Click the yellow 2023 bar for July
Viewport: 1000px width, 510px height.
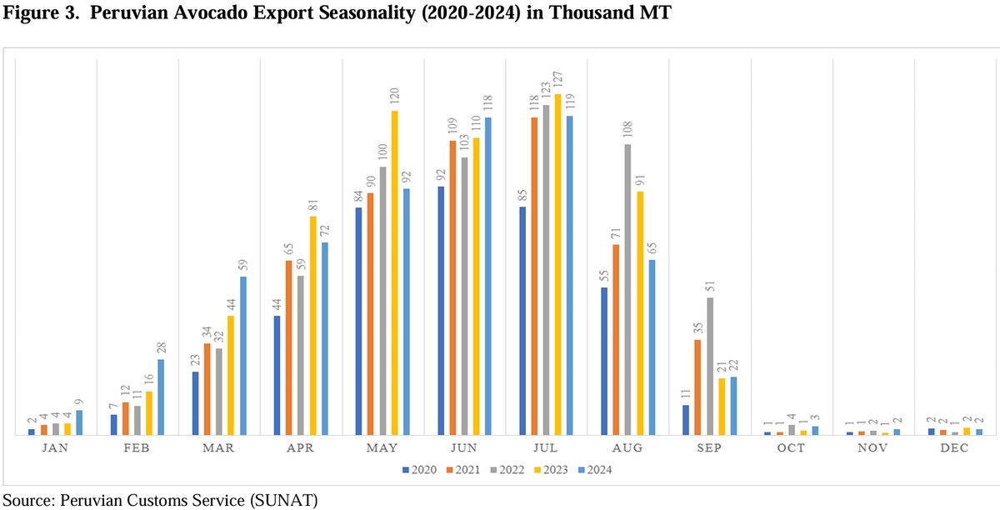pos(558,264)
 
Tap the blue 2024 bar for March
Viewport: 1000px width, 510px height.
pos(243,355)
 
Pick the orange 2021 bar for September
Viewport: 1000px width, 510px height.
pos(697,387)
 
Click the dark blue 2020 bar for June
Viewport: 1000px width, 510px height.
pos(441,310)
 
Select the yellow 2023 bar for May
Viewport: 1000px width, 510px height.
pos(395,272)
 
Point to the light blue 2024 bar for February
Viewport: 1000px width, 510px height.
pos(161,397)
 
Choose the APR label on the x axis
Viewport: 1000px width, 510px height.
pos(300,448)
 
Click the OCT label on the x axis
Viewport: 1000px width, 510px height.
pos(791,448)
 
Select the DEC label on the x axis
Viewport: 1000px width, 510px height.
pos(955,448)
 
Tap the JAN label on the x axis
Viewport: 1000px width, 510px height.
pos(55,448)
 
